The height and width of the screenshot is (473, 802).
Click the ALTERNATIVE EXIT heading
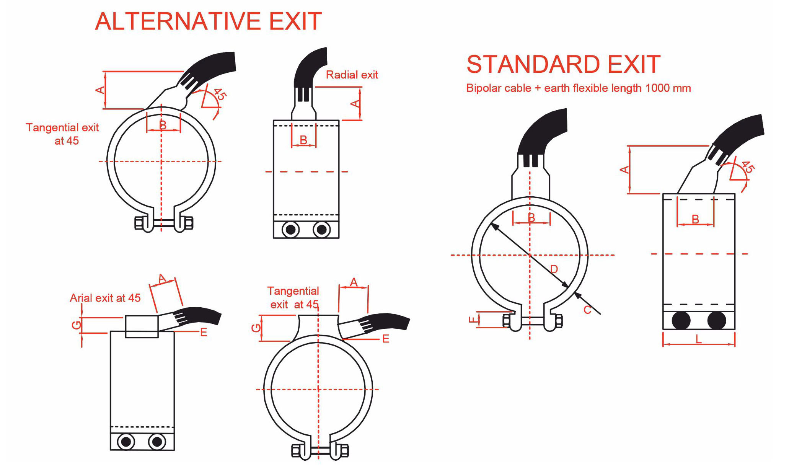click(x=209, y=21)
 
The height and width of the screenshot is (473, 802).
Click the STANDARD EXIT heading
click(x=564, y=64)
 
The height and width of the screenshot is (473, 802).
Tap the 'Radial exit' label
click(x=352, y=75)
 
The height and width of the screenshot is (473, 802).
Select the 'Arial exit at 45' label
click(x=105, y=298)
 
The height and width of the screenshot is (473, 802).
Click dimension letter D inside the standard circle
click(x=554, y=269)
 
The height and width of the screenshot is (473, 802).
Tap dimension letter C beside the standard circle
click(x=587, y=310)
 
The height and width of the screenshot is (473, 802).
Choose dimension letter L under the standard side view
click(x=698, y=339)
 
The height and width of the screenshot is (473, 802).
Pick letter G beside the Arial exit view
click(x=77, y=325)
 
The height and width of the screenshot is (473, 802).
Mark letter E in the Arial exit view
click(x=204, y=332)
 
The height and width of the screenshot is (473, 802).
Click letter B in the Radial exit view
click(x=303, y=140)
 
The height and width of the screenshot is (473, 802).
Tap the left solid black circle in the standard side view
click(x=681, y=320)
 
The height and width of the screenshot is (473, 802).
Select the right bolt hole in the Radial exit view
click(x=322, y=230)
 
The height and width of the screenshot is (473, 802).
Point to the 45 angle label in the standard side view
click(x=747, y=167)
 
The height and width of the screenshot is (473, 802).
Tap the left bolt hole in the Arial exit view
click(x=126, y=442)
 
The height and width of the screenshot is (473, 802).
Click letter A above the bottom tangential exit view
click(x=354, y=282)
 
